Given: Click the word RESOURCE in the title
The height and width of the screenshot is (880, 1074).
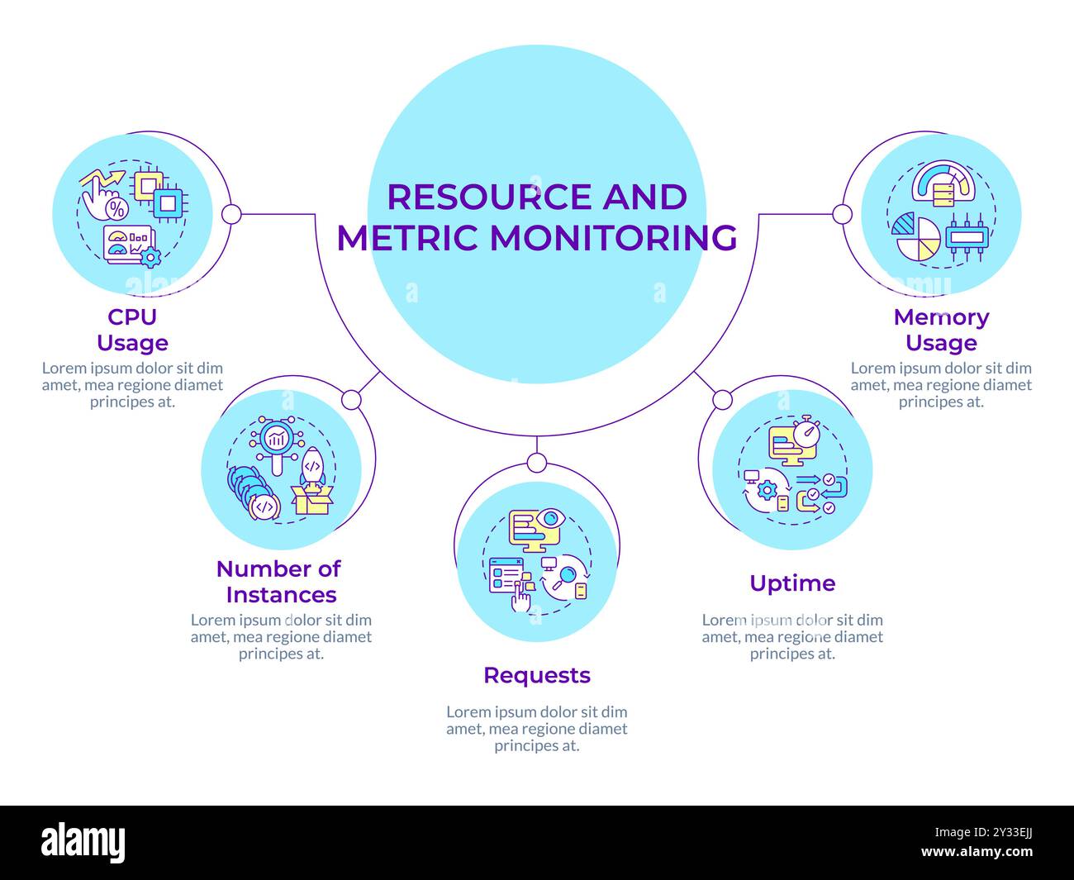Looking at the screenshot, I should [490, 197].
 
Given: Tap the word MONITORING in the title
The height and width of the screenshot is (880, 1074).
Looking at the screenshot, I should [614, 237].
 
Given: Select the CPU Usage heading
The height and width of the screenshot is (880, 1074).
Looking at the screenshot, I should [132, 330].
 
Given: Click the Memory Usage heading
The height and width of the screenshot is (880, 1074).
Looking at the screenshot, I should [941, 330].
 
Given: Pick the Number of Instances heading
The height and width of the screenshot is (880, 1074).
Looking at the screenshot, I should [278, 582].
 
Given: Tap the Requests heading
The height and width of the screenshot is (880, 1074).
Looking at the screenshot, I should [537, 675].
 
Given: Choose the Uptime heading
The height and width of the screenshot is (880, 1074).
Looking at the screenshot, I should [792, 583].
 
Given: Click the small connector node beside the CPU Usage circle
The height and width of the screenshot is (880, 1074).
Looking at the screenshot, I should [231, 215].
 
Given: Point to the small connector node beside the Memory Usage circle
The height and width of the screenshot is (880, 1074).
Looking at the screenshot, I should [842, 215].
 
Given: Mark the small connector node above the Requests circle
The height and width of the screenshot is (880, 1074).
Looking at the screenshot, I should [536, 463].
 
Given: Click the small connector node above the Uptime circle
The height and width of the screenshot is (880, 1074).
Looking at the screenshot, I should [722, 400].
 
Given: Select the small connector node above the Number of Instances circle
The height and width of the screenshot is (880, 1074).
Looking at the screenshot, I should [351, 400].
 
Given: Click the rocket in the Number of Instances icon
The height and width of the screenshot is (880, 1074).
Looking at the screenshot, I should [312, 467].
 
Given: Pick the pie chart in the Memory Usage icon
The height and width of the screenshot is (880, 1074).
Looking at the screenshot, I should [917, 236].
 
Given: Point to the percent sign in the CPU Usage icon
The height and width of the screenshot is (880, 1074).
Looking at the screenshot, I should [118, 207].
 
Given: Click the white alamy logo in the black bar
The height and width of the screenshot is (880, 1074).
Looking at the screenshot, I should [83, 843].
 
